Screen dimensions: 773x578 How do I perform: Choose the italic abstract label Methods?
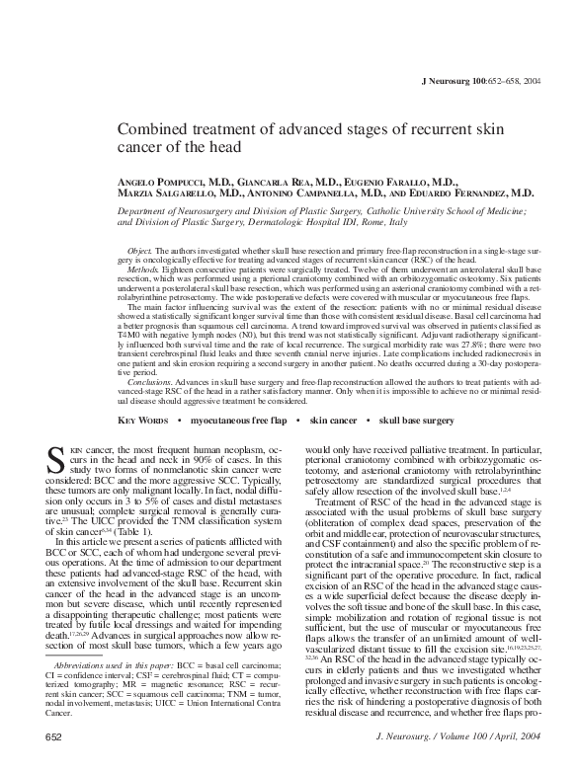pyautogui.click(x=144, y=270)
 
